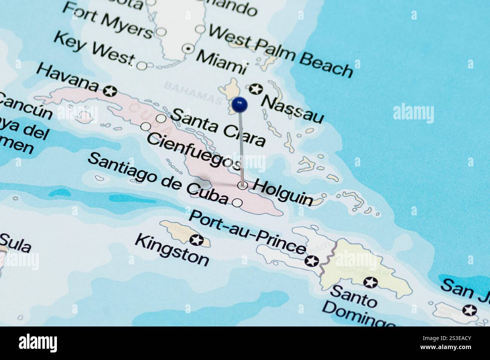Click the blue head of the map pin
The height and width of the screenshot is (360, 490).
click(240, 104)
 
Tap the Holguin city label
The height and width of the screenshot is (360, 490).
click(283, 192)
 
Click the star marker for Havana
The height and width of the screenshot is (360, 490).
click(110, 91)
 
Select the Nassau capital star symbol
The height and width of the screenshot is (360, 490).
click(255, 89)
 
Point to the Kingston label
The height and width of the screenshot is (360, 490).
click(172, 250)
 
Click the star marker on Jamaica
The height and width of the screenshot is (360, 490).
click(196, 239)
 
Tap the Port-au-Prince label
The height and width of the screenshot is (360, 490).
click(247, 232)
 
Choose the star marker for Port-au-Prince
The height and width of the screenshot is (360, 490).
click(312, 261)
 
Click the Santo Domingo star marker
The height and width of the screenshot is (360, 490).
click(370, 282)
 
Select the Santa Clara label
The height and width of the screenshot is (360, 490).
click(218, 127)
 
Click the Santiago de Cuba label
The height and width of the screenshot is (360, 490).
click(158, 178)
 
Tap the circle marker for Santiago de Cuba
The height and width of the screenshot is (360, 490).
click(237, 203)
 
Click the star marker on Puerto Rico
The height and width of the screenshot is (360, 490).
click(470, 310)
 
